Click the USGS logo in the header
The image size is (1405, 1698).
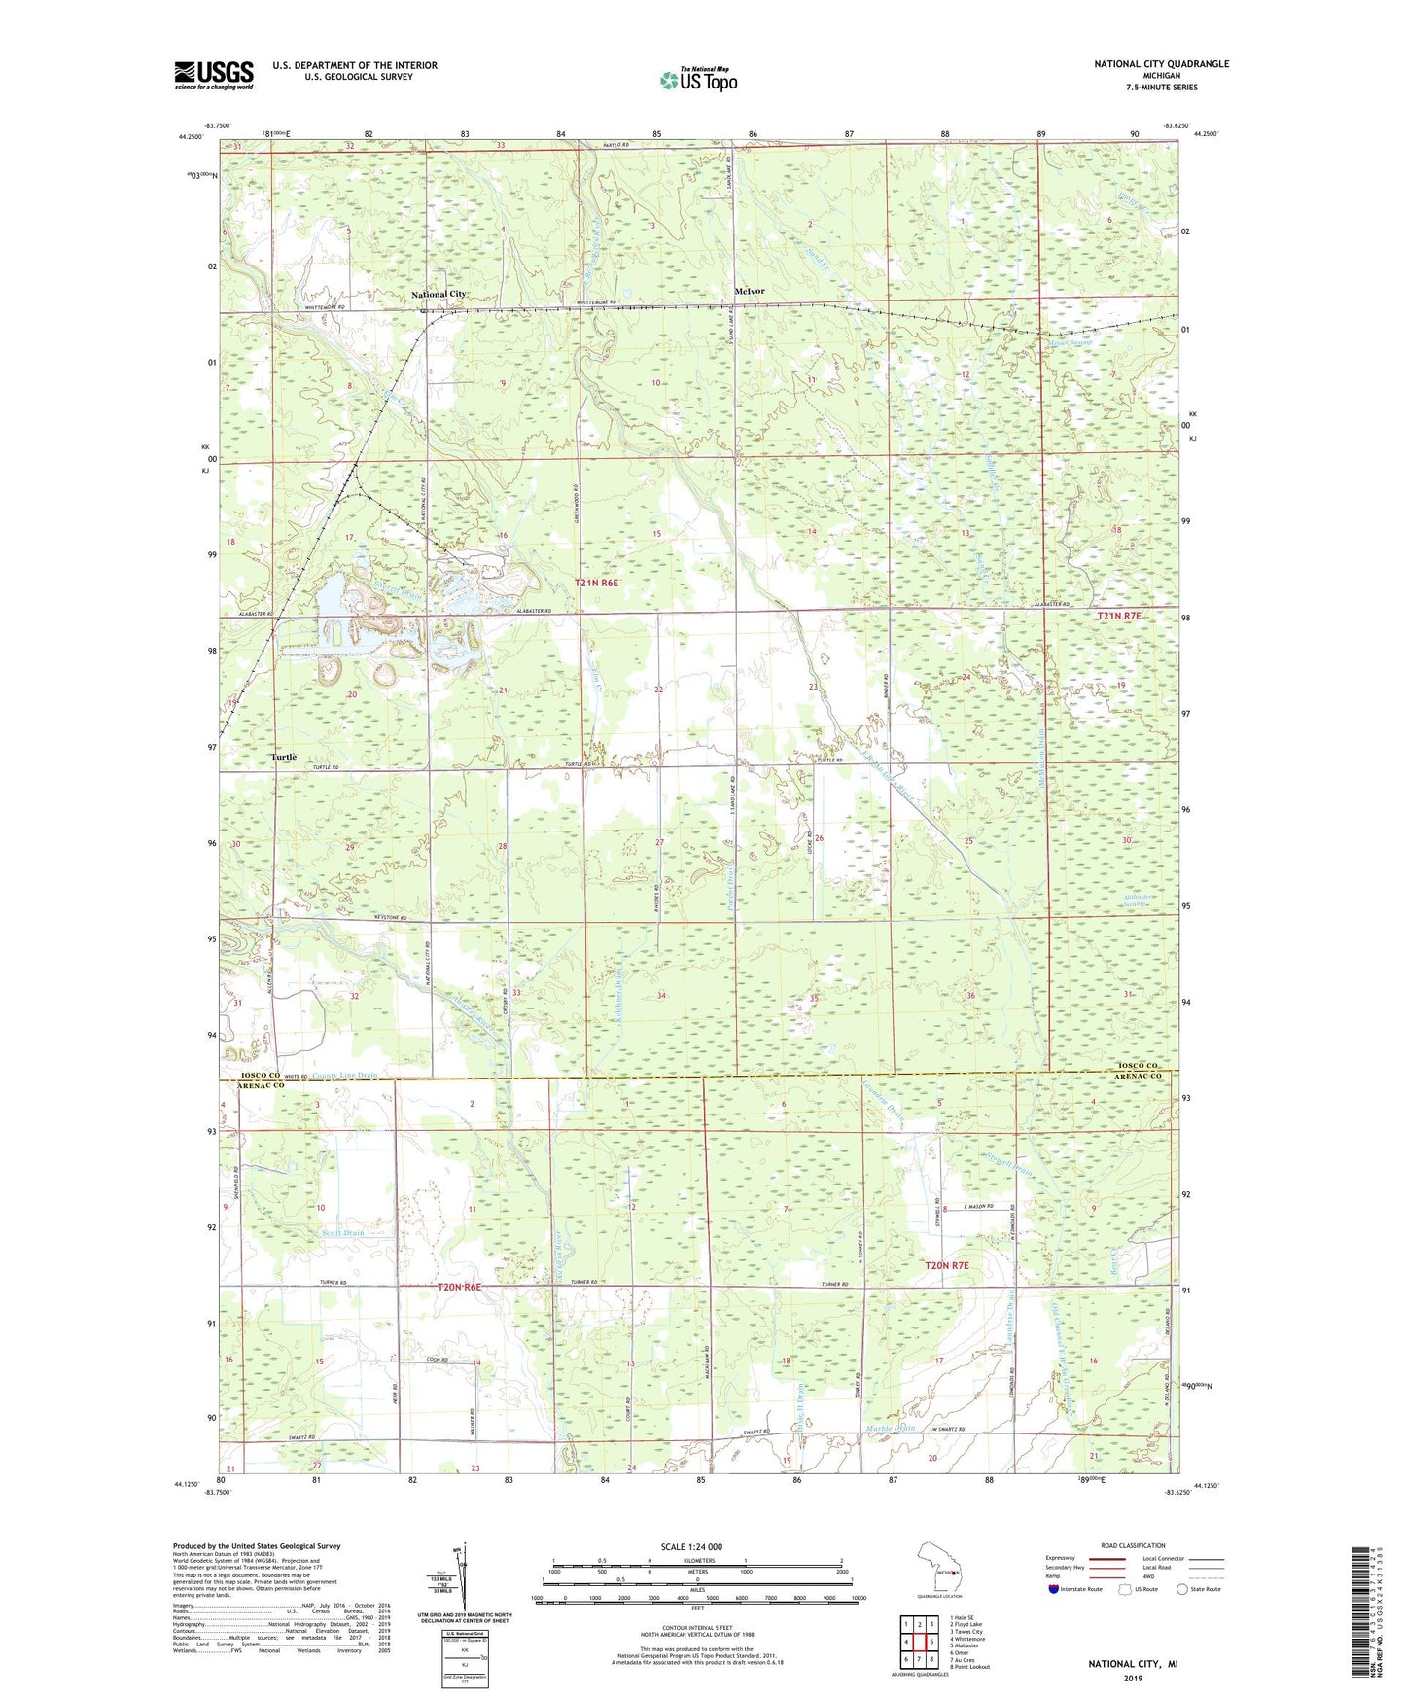(x=213, y=75)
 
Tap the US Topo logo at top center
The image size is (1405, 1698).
(x=698, y=80)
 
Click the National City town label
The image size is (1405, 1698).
(x=439, y=294)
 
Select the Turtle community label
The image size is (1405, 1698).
(x=284, y=757)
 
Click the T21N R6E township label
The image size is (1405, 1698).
(x=596, y=583)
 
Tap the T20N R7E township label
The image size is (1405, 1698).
(x=946, y=1265)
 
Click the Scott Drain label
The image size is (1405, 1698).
(x=342, y=1233)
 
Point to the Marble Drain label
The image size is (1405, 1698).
(x=890, y=1428)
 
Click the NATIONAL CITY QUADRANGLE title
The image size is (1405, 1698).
(x=1161, y=64)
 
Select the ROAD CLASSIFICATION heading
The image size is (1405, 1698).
(x=1133, y=1545)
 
